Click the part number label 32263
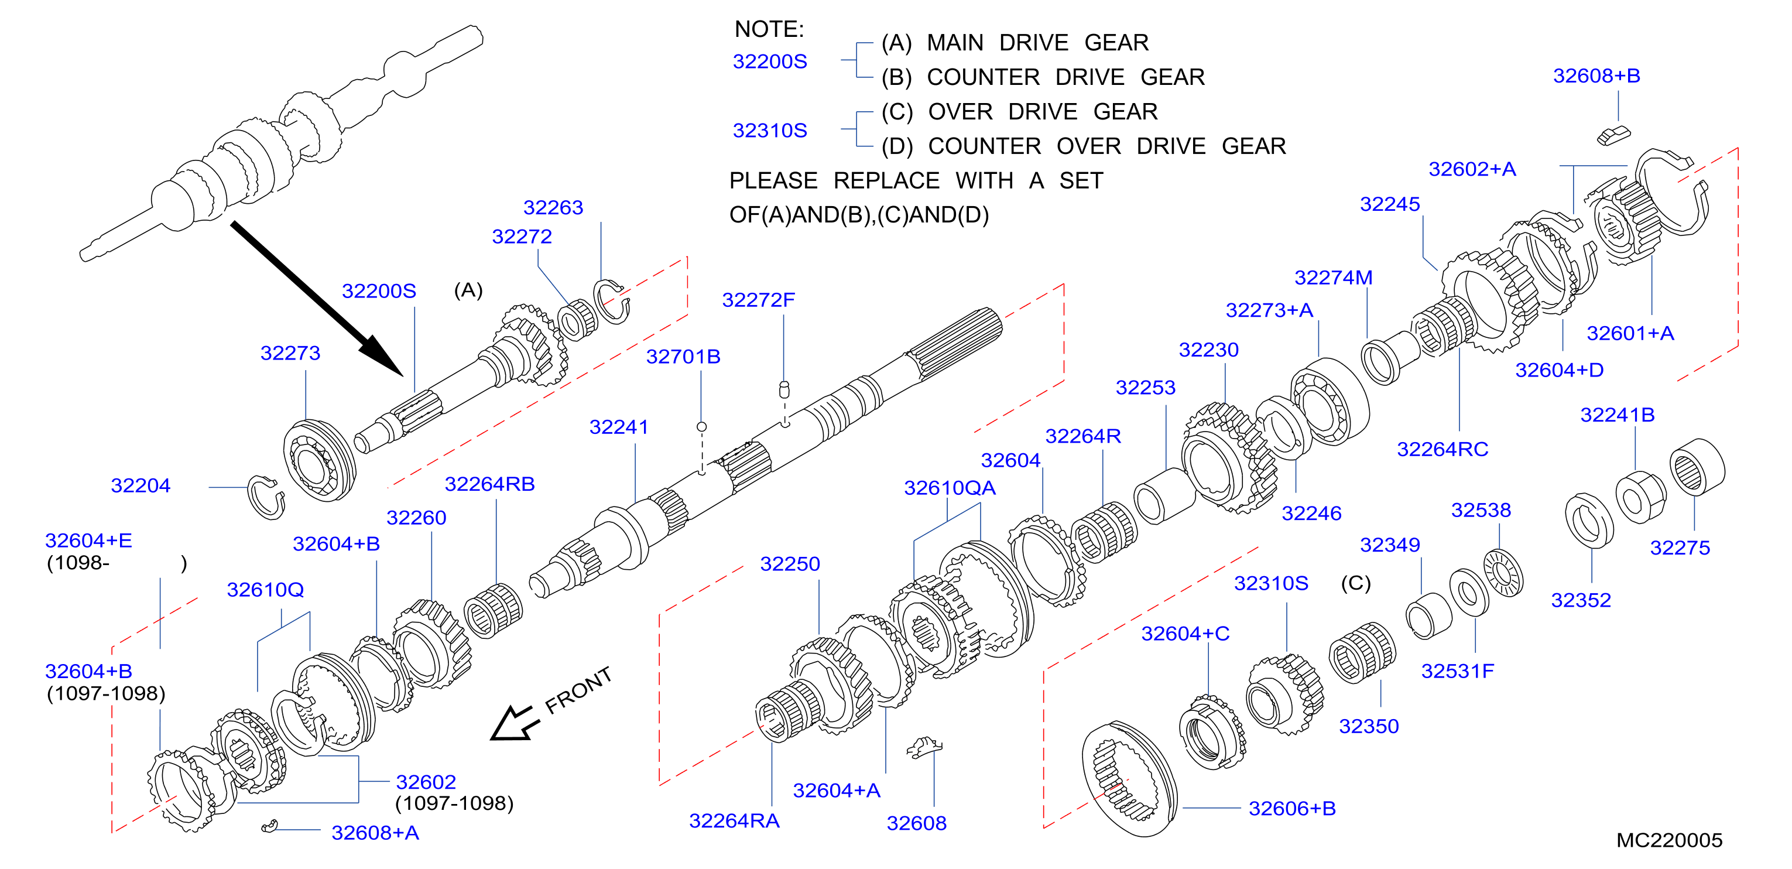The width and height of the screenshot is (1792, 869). click(553, 207)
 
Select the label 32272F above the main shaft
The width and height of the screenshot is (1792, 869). click(758, 300)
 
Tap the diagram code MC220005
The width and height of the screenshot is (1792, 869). click(1669, 840)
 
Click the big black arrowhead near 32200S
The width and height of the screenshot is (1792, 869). click(379, 354)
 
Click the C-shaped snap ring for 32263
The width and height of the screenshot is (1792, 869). click(612, 301)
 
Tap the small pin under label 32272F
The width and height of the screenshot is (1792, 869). click(784, 389)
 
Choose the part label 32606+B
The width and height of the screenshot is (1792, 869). click(1292, 809)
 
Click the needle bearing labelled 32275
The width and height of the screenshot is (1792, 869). click(1697, 467)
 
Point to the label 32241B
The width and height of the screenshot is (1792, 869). click(1618, 415)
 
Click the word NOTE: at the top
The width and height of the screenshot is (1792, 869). click(769, 29)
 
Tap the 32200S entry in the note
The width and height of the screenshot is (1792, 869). click(769, 61)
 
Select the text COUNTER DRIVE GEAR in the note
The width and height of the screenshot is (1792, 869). click(1065, 77)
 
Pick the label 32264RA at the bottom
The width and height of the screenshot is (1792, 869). click(734, 821)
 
